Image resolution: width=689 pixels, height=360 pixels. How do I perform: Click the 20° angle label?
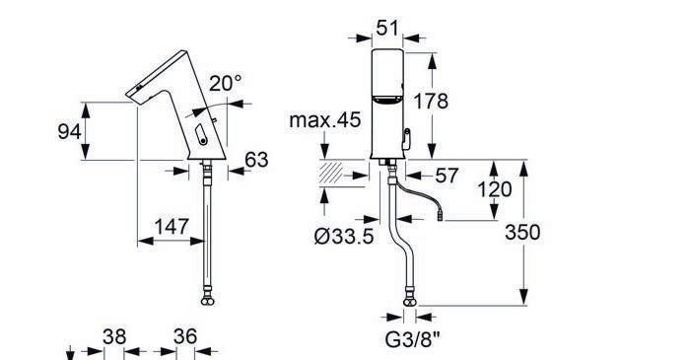click(226, 83)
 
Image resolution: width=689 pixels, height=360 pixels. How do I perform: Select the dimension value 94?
click(69, 131)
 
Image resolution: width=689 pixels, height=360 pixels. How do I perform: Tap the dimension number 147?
click(172, 227)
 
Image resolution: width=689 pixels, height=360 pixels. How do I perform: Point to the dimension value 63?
click(256, 160)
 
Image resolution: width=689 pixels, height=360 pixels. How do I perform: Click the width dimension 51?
click(387, 29)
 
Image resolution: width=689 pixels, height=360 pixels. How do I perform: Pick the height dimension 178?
click(431, 102)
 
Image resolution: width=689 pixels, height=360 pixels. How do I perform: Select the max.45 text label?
click(325, 120)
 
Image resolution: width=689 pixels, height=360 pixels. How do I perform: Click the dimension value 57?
click(447, 176)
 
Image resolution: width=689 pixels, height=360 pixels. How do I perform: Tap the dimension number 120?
click(495, 189)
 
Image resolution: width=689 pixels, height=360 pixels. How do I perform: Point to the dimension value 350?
click(522, 232)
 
